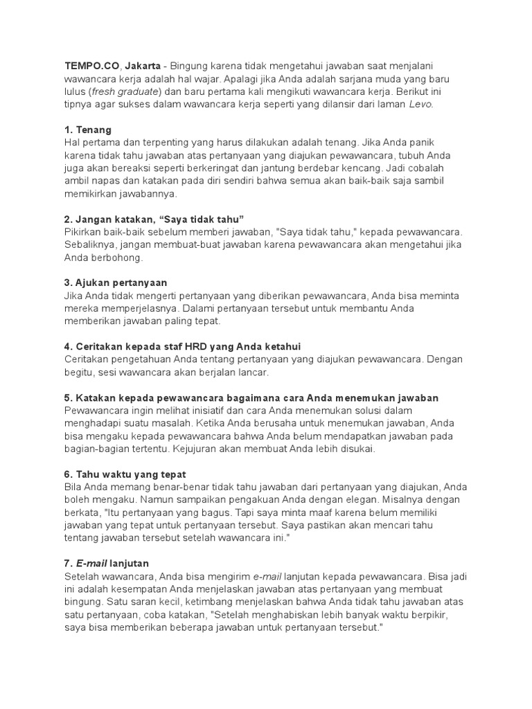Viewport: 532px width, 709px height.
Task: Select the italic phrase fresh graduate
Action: tap(127, 91)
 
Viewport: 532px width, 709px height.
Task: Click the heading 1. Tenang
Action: tap(88, 129)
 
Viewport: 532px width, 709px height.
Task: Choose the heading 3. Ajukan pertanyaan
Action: tap(116, 283)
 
